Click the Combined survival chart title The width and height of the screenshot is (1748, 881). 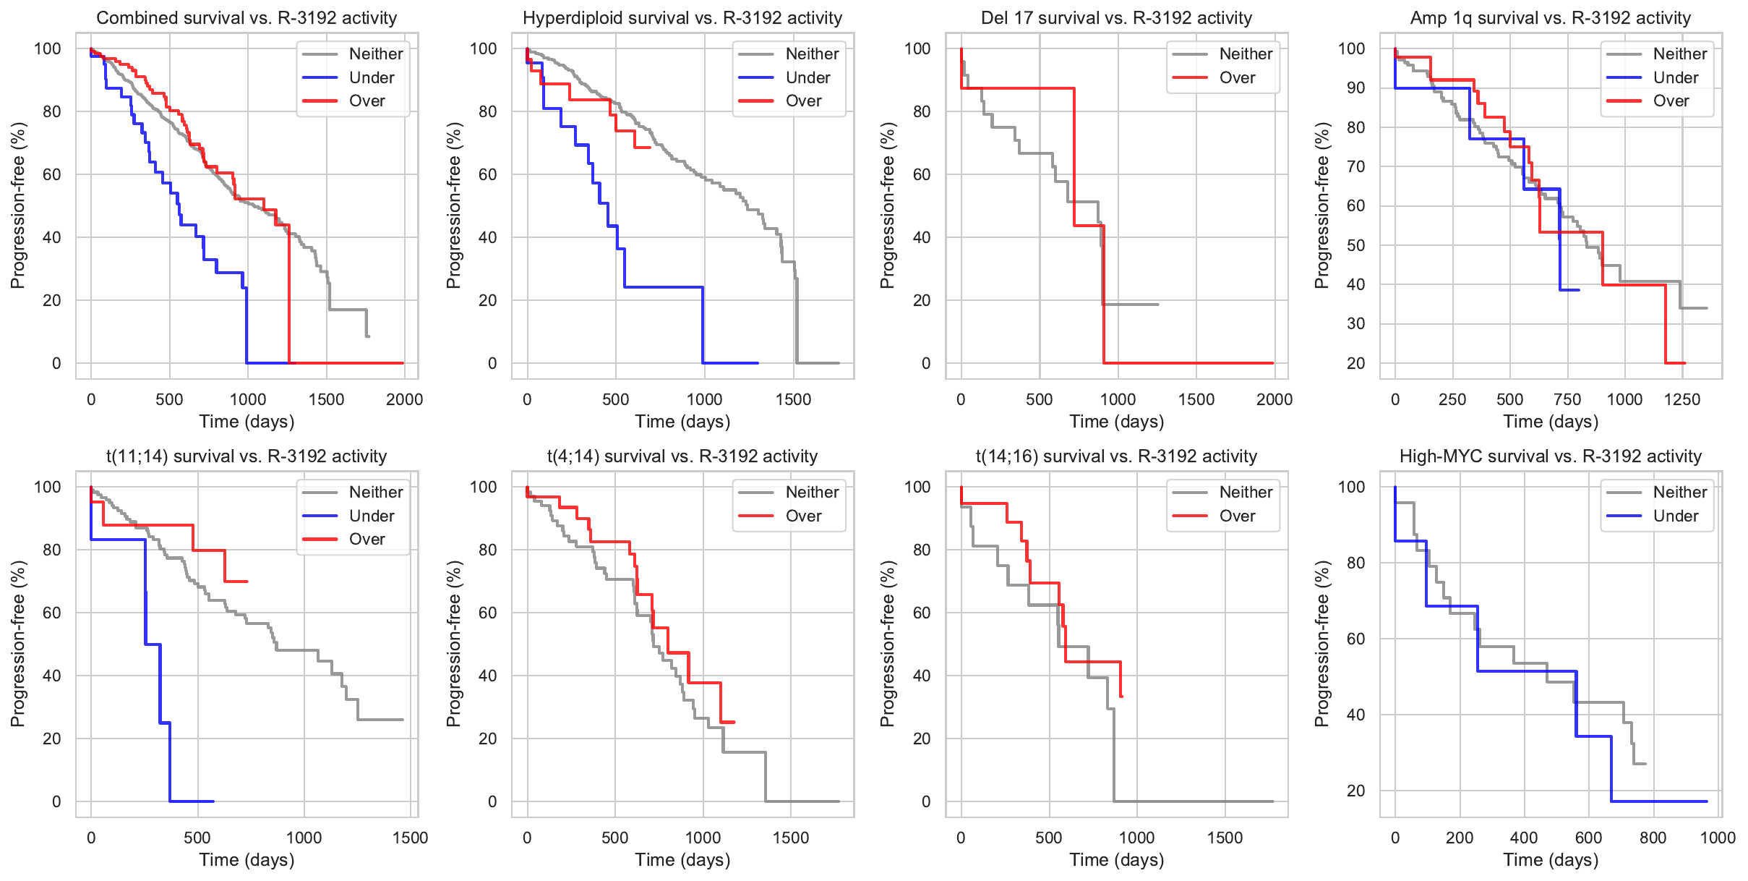[x=247, y=18]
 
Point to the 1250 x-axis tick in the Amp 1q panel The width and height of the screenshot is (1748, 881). [x=1681, y=399]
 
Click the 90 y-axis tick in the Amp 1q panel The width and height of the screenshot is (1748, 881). [x=1351, y=88]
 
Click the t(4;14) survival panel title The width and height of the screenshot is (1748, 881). [x=682, y=456]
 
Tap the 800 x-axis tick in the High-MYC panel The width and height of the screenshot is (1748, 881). [x=1653, y=838]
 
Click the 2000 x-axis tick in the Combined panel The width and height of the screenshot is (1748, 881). [x=404, y=399]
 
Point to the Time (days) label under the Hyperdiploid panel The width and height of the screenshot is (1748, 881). [x=682, y=422]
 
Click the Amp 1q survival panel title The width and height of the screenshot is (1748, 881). [x=1550, y=18]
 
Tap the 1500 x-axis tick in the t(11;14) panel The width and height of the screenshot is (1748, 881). [x=410, y=838]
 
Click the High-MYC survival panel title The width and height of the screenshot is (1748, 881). [x=1550, y=456]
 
